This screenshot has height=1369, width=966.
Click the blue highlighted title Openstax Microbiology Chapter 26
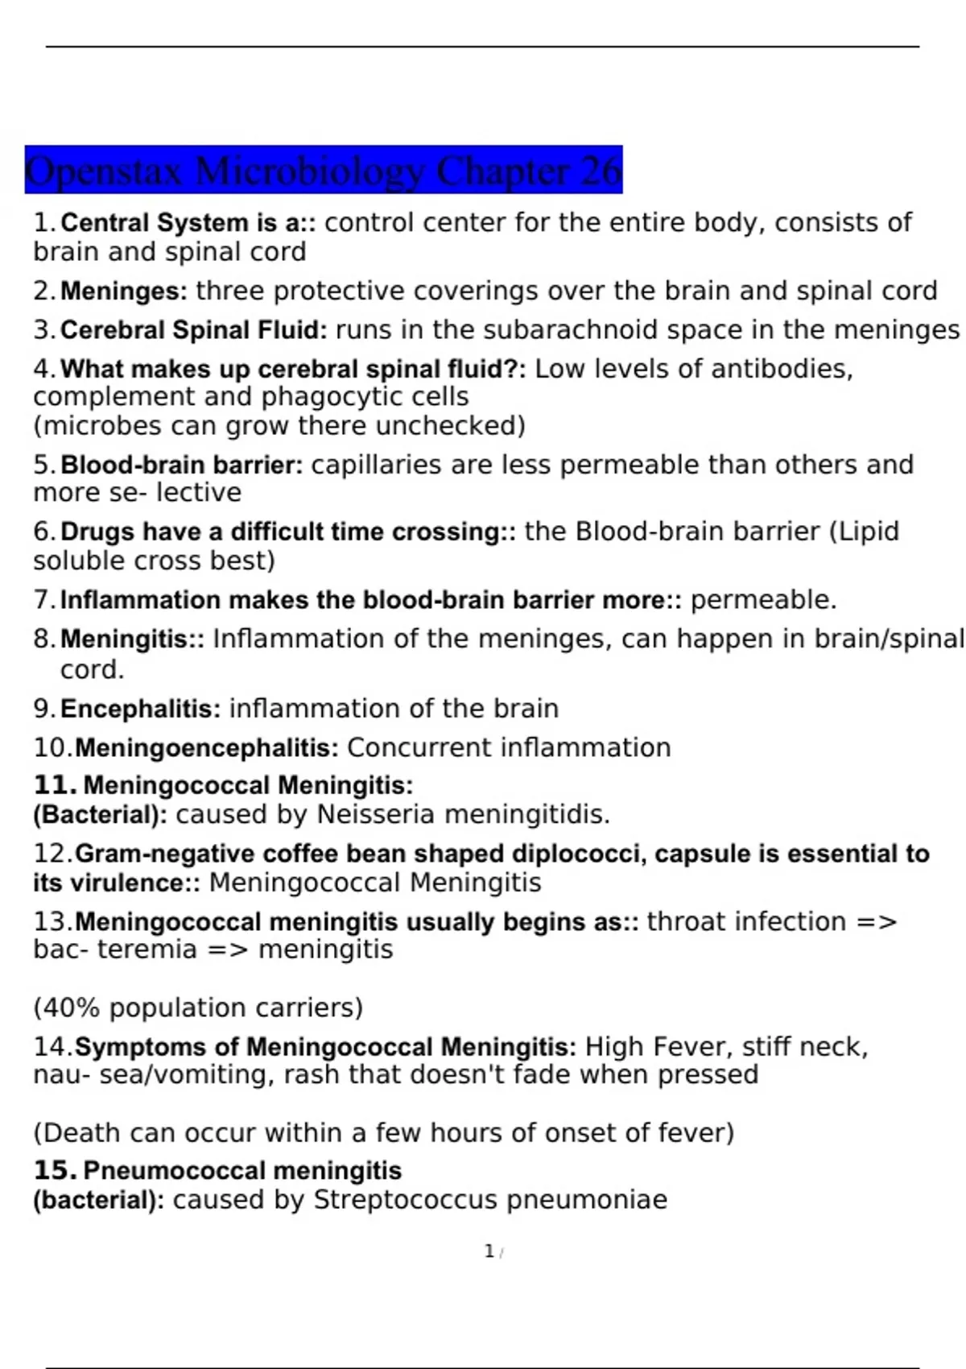[x=323, y=170]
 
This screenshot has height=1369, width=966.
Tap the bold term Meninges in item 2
[x=123, y=291]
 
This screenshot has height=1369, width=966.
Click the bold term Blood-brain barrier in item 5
[x=181, y=465]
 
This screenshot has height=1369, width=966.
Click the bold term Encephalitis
[x=140, y=709]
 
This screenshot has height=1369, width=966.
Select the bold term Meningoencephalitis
[x=206, y=747]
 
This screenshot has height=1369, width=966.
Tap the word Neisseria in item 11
[x=376, y=814]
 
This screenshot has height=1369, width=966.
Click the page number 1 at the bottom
[x=489, y=1251]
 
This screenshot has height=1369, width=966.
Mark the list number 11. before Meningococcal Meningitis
[x=55, y=785]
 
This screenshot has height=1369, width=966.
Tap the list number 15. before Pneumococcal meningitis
[x=55, y=1170]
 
